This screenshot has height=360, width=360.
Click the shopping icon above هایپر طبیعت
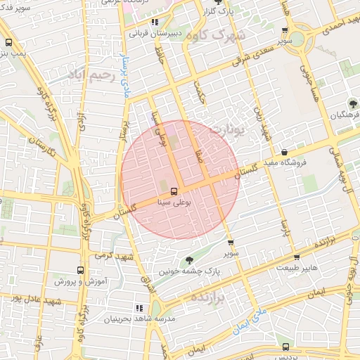[x=297, y=257]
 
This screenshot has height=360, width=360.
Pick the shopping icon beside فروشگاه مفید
[x=283, y=153]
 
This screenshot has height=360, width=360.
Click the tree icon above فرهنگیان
[x=352, y=103]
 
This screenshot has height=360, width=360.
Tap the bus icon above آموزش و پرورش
[x=79, y=270]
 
